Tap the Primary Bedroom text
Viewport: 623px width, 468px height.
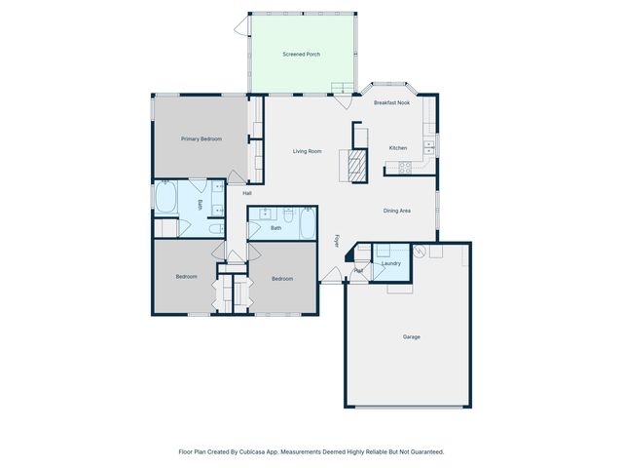pos(202,139)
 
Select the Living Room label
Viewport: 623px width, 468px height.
pos(308,151)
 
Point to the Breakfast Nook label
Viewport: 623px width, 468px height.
pos(391,102)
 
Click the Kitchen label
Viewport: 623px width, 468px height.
pos(398,148)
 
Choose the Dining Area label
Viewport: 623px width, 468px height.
pos(396,211)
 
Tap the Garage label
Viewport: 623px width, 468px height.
pos(412,337)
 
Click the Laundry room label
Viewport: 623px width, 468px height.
pos(391,263)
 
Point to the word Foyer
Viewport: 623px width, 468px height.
pos(338,239)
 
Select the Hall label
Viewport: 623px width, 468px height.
pos(247,193)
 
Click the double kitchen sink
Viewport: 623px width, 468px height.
pos(428,148)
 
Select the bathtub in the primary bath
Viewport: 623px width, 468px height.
pos(165,199)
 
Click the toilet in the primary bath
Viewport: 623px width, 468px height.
pos(215,228)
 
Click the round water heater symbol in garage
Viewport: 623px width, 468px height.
pos(420,251)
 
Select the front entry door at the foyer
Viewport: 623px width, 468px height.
pos(331,275)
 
